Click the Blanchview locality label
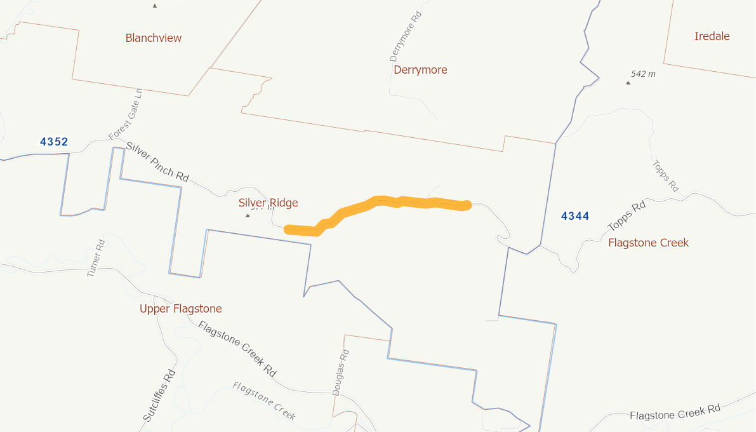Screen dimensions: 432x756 click(x=154, y=38)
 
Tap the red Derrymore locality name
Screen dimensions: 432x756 click(x=420, y=70)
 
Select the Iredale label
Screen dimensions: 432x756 click(x=712, y=36)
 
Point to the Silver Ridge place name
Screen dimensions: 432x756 click(x=268, y=203)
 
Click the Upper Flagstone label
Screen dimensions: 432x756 click(x=181, y=309)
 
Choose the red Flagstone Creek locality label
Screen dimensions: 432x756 click(x=648, y=243)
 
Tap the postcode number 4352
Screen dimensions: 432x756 click(x=54, y=142)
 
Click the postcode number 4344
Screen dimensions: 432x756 click(x=575, y=217)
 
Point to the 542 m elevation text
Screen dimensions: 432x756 click(x=644, y=74)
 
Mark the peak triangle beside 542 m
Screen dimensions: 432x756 click(x=628, y=82)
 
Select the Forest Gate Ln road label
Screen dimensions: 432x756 click(x=125, y=114)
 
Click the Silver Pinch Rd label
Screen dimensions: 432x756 click(x=157, y=162)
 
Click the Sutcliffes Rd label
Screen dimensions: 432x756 click(x=158, y=396)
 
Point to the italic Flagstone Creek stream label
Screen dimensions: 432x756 click(x=264, y=401)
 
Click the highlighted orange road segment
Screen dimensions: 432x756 click(x=381, y=202)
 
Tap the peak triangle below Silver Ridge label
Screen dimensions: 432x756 click(x=248, y=215)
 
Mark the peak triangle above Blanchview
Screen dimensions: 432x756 click(x=154, y=6)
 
